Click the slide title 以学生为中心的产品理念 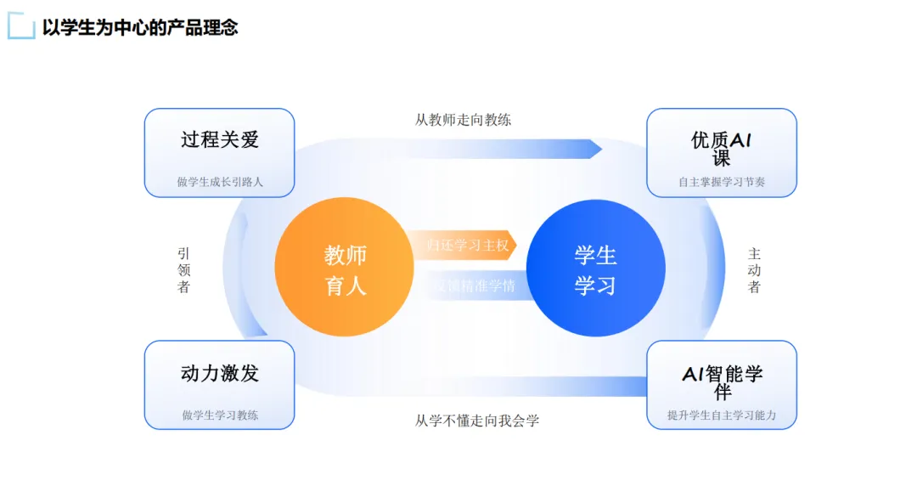click(140, 27)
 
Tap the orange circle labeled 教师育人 click(345, 268)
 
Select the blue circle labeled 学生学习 click(595, 268)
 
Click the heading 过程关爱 click(219, 139)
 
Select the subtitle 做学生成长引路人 click(220, 181)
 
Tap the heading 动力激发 click(219, 372)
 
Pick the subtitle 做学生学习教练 click(220, 415)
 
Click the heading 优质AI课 click(722, 148)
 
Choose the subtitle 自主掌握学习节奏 click(722, 181)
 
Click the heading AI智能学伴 click(722, 381)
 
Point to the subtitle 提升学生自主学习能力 click(722, 415)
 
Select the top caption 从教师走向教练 click(464, 120)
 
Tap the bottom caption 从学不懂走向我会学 click(476, 421)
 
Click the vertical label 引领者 click(183, 270)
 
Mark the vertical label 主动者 click(754, 270)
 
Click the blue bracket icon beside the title click(20, 27)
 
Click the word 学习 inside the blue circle click(595, 285)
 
